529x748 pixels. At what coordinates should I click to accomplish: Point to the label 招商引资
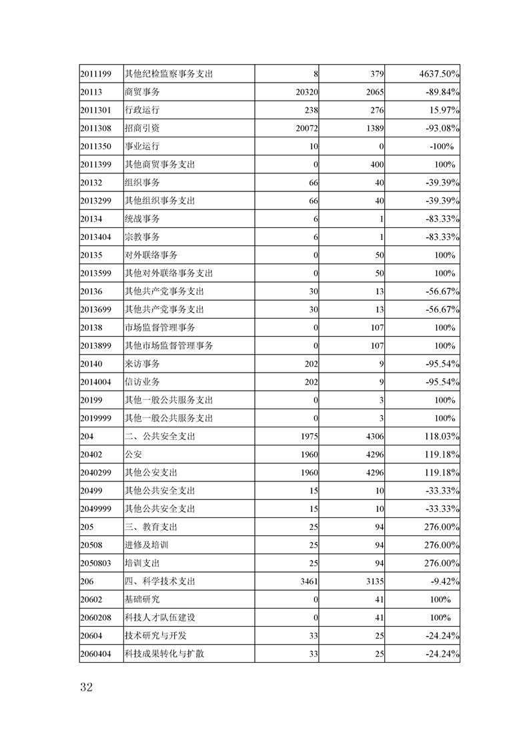[142, 128]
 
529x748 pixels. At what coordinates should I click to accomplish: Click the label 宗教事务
[142, 237]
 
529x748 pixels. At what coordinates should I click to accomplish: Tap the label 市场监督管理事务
[160, 327]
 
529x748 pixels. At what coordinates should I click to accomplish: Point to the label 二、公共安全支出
[159, 436]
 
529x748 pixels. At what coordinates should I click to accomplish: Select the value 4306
[373, 436]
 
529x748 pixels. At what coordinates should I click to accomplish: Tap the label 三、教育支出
[151, 527]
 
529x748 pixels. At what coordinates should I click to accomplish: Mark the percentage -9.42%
[444, 581]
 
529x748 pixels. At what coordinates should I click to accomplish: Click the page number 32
[85, 688]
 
